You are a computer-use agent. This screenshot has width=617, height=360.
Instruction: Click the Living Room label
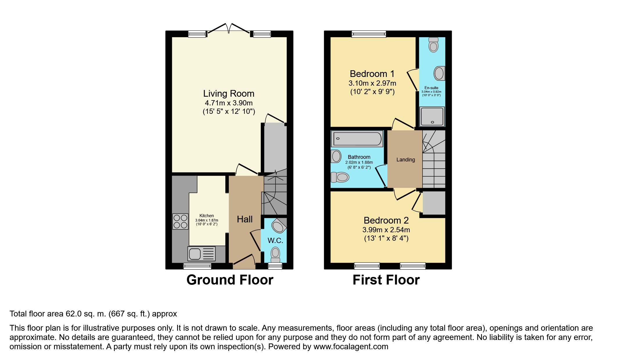(229, 93)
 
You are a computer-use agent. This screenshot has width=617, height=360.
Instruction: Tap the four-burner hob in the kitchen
(180, 222)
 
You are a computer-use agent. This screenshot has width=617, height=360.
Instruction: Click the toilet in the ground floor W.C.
(275, 255)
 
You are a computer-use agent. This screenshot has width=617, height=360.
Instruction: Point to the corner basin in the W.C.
(279, 225)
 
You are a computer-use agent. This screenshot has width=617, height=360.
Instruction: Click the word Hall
(245, 219)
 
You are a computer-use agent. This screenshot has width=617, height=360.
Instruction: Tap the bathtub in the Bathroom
(357, 139)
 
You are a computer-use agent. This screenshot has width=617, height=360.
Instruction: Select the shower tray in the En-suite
(432, 116)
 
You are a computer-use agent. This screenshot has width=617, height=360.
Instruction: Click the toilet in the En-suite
(433, 45)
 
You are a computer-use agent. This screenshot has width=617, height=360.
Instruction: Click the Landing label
(406, 160)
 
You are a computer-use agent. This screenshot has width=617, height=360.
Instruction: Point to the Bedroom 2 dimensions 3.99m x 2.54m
(386, 230)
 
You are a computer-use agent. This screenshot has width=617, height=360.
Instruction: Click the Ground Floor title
(230, 280)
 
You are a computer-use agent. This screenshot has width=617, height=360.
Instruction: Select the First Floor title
(386, 280)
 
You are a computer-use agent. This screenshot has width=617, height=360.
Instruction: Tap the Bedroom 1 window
(369, 34)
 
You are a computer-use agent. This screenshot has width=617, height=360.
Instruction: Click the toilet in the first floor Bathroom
(340, 177)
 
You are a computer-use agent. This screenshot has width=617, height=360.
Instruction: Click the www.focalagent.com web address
(351, 347)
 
